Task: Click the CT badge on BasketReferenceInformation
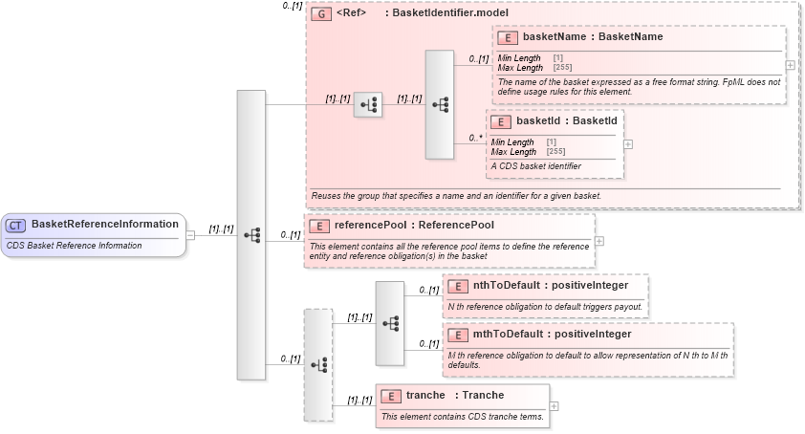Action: [x=16, y=225]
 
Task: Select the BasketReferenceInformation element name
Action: [x=105, y=225]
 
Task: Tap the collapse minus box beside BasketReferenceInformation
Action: [x=191, y=234]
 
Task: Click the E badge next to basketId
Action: [x=502, y=122]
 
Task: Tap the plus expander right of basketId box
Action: [x=628, y=144]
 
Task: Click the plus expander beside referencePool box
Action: [x=599, y=241]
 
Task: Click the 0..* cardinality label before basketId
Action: [x=475, y=138]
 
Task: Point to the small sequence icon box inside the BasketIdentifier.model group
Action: [x=367, y=105]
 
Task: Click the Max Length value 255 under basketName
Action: [x=562, y=68]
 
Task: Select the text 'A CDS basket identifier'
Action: [x=535, y=166]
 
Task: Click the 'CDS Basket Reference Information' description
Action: [x=75, y=246]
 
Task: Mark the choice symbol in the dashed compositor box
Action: [x=318, y=364]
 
